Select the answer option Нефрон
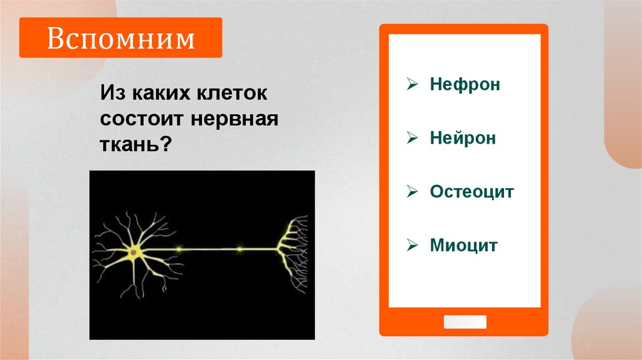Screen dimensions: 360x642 [x=465, y=84]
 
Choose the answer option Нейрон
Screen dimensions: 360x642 [x=463, y=138]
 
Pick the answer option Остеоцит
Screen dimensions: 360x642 [x=471, y=191]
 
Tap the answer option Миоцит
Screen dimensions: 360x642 [x=463, y=245]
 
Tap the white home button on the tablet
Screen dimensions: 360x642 [x=465, y=322]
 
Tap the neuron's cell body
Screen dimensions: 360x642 [x=133, y=253]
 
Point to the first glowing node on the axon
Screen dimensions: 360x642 [x=179, y=249]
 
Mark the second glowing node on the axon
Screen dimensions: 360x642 [x=239, y=249]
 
